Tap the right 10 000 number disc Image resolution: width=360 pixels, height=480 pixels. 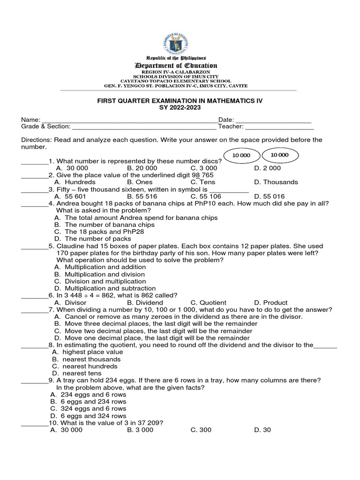coord(279,155)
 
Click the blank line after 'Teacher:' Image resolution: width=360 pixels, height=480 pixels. coord(279,127)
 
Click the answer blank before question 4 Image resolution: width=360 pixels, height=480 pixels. coord(35,204)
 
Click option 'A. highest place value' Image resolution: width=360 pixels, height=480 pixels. coord(85,352)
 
